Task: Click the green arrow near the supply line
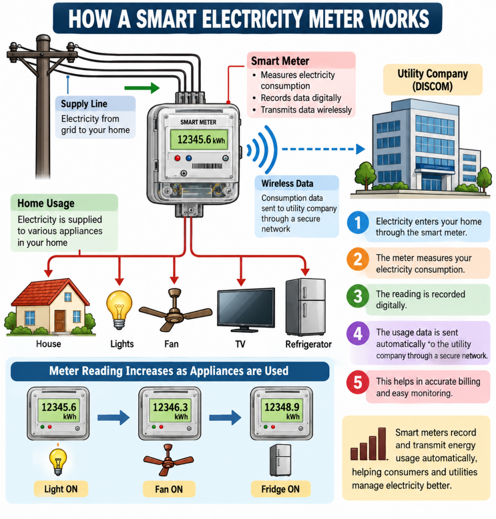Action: [x=142, y=88]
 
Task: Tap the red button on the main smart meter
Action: [x=178, y=158]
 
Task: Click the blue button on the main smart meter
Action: [x=189, y=158]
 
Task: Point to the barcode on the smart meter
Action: [x=207, y=166]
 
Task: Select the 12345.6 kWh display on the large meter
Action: [x=199, y=140]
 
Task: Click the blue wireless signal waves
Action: [x=263, y=150]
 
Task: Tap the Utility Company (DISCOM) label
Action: [x=433, y=80]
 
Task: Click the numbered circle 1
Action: [x=358, y=223]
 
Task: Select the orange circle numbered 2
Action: [x=358, y=259]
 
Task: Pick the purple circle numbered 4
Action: [x=358, y=333]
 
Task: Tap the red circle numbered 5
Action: [x=358, y=382]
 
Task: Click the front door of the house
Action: [x=60, y=321]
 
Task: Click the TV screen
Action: [x=246, y=308]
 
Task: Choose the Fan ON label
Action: [x=169, y=489]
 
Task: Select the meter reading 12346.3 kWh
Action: [x=170, y=411]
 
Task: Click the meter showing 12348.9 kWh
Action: [x=282, y=414]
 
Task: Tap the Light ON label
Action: [x=61, y=489]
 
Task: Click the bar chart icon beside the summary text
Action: [x=369, y=444]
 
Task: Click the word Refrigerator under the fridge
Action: [x=309, y=345]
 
